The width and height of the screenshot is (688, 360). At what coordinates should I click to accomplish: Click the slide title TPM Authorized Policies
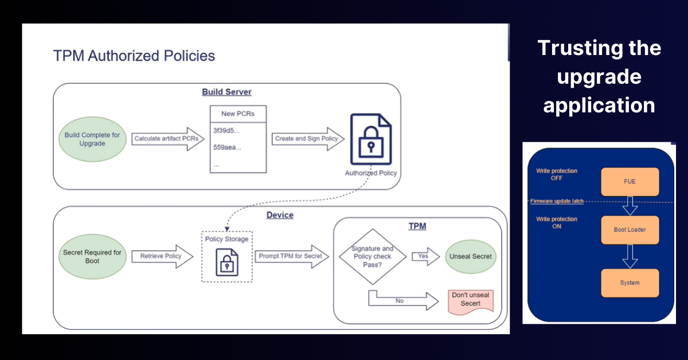point(134,56)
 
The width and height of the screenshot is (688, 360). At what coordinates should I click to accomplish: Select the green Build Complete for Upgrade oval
point(92,139)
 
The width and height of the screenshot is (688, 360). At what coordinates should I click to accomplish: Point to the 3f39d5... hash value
point(227,131)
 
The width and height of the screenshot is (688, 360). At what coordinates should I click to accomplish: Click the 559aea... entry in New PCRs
point(227,147)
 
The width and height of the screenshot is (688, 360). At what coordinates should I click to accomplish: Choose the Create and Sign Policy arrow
point(308,139)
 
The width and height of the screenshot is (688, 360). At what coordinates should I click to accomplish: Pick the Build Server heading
point(226,92)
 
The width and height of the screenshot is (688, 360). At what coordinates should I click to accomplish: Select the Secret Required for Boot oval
point(92,256)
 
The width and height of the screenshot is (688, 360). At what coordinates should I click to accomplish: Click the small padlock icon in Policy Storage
point(227,263)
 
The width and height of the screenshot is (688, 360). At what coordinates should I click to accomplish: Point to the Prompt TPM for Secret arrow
point(292,256)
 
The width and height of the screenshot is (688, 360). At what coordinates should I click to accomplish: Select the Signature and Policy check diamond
point(372,256)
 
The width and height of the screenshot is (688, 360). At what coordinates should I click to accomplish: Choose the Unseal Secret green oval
point(470,256)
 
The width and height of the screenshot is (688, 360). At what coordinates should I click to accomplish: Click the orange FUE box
point(630,182)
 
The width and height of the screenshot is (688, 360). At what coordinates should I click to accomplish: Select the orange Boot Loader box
point(630,230)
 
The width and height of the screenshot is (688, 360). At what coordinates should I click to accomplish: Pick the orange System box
point(630,283)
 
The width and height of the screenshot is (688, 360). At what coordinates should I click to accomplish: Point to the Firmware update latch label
point(556,201)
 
